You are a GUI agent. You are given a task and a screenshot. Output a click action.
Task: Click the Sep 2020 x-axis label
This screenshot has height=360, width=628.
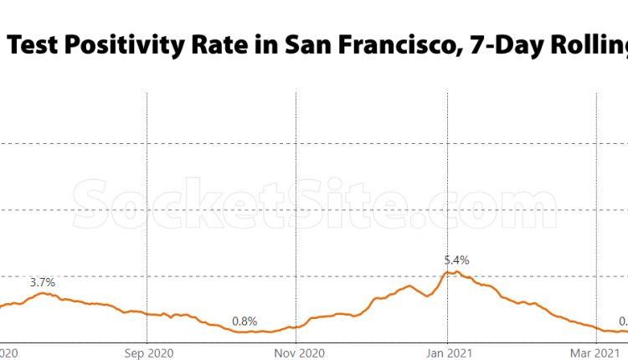[147, 352]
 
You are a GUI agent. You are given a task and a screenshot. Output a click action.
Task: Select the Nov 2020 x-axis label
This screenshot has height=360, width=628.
[297, 352]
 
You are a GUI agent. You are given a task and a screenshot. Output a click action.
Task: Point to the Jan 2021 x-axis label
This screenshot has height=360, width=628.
[446, 352]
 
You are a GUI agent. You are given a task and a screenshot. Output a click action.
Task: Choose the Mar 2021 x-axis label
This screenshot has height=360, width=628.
[596, 352]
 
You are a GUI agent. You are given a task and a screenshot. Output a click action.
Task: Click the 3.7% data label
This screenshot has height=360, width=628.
[42, 282]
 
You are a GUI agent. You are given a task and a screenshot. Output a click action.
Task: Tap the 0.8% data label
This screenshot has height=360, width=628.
[245, 321]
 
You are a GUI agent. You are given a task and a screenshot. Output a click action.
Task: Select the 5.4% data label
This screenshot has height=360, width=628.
[456, 260]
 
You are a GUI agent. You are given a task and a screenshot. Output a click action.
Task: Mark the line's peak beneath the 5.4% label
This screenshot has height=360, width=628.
[452, 272]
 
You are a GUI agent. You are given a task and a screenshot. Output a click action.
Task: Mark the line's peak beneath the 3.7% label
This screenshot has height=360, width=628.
[42, 294]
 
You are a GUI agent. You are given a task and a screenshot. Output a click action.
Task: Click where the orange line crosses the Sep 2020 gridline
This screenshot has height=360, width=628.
[147, 314]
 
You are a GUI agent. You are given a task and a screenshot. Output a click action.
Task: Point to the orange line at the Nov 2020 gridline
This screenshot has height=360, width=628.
[297, 327]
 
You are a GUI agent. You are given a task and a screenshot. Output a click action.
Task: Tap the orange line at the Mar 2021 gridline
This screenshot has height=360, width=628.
[596, 330]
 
